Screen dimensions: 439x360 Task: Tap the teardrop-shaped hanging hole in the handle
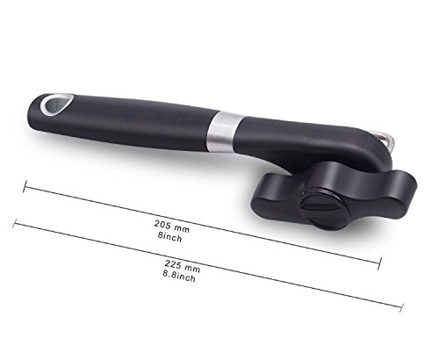[56, 104]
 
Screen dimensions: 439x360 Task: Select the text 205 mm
[172, 227]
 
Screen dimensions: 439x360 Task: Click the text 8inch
[170, 237]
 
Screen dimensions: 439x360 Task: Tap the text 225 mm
[183, 266]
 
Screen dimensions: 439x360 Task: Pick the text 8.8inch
[179, 276]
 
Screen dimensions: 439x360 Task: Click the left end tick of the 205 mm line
[25, 186]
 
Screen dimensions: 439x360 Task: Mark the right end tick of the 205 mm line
[379, 263]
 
